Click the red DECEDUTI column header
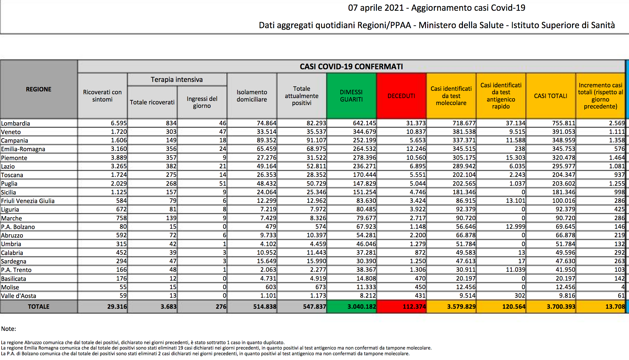click(x=401, y=96)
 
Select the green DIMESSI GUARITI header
click(x=351, y=96)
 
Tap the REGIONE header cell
click(x=39, y=89)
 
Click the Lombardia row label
click(x=15, y=123)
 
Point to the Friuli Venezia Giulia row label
click(x=28, y=201)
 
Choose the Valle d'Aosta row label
click(x=19, y=296)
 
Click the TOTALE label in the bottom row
click(x=39, y=307)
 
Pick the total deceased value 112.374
click(x=414, y=307)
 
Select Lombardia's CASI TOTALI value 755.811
click(x=564, y=123)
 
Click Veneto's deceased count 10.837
click(x=416, y=132)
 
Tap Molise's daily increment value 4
click(x=623, y=287)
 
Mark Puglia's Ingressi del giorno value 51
click(x=223, y=183)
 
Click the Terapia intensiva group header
click(x=177, y=79)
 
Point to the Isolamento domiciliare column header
click(x=252, y=96)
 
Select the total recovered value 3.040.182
click(x=362, y=307)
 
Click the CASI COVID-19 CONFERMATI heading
click(x=351, y=66)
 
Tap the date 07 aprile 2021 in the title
click(x=376, y=8)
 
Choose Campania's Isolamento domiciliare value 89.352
click(x=266, y=140)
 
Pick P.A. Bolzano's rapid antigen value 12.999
click(x=515, y=227)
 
